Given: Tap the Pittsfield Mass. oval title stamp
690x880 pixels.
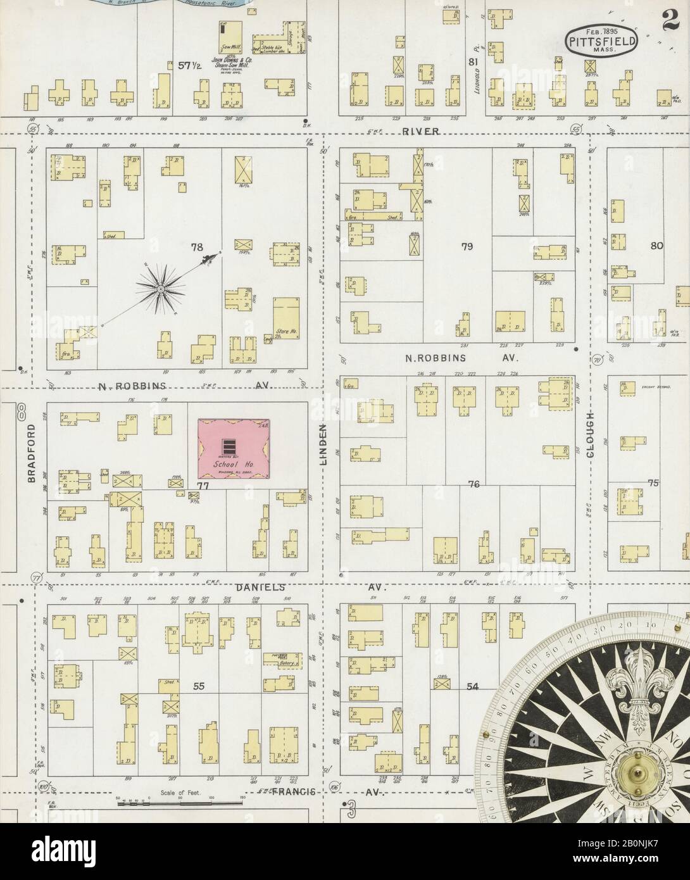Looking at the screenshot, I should coord(601,42).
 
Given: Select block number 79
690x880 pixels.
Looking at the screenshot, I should coord(467,246).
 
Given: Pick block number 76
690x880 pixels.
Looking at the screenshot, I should coord(474,484).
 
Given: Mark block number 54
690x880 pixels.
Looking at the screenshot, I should coord(472,686).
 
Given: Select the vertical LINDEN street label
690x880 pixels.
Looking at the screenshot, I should coord(322,444).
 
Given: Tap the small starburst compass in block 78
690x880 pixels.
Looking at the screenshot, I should coord(160,289).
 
